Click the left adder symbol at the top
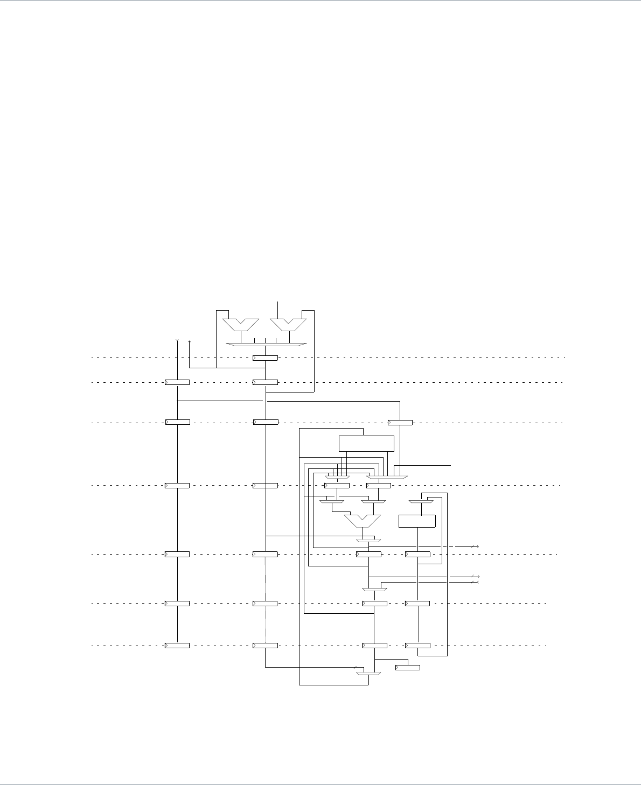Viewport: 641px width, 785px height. [x=241, y=324]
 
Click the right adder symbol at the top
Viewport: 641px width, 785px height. [x=288, y=324]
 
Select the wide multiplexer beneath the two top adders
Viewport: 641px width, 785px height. [x=266, y=344]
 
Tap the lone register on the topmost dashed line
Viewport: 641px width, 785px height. [x=266, y=358]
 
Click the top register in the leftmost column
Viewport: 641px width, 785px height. [x=177, y=382]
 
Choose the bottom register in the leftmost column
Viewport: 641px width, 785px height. [x=177, y=645]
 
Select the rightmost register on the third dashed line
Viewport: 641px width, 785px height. [x=400, y=422]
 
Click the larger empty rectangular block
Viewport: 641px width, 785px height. [x=366, y=444]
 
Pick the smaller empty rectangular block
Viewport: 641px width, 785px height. [x=417, y=521]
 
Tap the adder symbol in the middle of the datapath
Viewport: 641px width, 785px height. [x=363, y=521]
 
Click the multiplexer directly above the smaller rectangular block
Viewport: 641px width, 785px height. [x=421, y=502]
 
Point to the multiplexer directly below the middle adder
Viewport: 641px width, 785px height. [x=369, y=540]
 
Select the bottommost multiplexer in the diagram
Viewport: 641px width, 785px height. [x=368, y=673]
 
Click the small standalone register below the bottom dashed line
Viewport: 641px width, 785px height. [x=408, y=668]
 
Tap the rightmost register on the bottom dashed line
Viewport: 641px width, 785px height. [x=417, y=645]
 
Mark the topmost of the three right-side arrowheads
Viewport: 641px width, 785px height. [x=475, y=547]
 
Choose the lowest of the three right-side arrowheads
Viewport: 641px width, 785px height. [x=475, y=582]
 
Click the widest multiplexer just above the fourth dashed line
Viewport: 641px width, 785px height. [x=388, y=477]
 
